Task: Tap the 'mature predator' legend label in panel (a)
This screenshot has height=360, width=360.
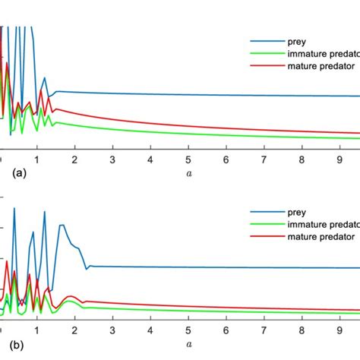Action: (x=319, y=65)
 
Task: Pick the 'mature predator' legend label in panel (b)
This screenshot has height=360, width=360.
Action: (x=319, y=237)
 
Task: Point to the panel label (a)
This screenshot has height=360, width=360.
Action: (x=20, y=173)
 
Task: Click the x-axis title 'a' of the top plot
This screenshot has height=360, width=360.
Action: (x=188, y=173)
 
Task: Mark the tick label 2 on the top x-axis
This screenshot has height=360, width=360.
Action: (x=74, y=160)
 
